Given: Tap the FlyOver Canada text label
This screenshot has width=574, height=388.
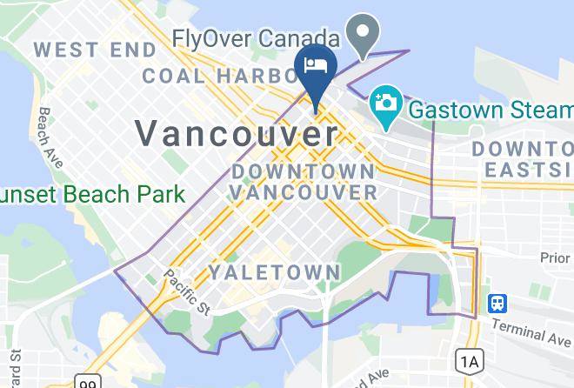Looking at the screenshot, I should (x=255, y=39).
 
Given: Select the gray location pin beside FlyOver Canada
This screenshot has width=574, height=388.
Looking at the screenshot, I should (x=362, y=35).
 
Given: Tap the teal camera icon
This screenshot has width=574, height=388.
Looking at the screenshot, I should (x=383, y=102).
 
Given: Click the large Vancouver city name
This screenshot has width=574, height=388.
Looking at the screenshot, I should (x=236, y=133).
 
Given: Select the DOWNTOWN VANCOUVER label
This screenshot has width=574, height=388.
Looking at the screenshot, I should (x=304, y=181).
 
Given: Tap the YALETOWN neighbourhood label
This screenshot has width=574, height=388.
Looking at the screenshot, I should (x=274, y=272).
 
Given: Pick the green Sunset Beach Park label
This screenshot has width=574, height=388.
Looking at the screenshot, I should (x=91, y=193).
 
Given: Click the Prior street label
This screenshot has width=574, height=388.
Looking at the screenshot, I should (x=555, y=258).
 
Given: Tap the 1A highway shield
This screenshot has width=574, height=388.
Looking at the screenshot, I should (x=470, y=360).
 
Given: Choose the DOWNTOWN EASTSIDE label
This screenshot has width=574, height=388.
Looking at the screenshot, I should (x=522, y=159).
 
